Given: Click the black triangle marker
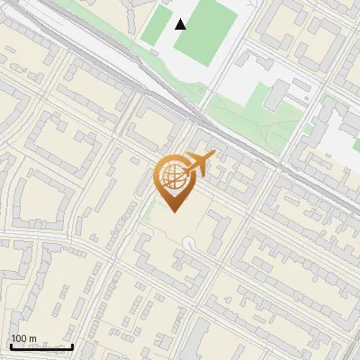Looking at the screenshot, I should click(181, 24).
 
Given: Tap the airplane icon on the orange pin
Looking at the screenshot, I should click(199, 164).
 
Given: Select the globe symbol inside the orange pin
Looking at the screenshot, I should click(171, 176).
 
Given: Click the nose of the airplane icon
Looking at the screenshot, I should click(214, 156).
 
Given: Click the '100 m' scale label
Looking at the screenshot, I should click(23, 339).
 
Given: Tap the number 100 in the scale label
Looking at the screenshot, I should click(19, 339).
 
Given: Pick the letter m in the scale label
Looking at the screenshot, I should click(32, 339).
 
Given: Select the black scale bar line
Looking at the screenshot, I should click(41, 346).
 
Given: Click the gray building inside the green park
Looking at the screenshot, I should click(277, 94).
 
